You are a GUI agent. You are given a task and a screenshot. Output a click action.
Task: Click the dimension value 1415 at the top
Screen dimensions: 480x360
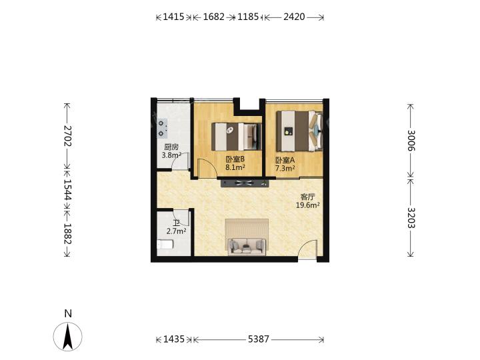(x=173, y=17)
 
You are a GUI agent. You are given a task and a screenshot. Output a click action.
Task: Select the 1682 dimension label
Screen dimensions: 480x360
(x=214, y=17)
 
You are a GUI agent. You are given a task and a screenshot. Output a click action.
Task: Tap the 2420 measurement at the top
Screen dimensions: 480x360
(x=294, y=17)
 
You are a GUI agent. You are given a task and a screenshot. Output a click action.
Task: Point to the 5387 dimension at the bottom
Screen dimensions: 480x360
(x=259, y=339)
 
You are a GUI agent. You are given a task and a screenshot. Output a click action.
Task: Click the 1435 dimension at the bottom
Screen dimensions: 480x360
(x=173, y=339)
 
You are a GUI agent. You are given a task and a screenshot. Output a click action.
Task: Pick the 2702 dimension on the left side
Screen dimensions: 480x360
(x=67, y=136)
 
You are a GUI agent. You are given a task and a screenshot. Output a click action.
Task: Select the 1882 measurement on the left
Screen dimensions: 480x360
(x=67, y=233)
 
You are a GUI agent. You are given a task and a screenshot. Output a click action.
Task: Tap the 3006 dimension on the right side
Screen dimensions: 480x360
(x=411, y=141)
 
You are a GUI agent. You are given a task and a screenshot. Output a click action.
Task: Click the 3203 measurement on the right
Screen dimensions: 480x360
(x=411, y=218)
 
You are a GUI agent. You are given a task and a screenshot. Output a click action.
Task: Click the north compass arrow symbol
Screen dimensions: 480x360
(x=67, y=337)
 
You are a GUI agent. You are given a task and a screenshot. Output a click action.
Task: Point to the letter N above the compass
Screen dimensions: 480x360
(x=68, y=313)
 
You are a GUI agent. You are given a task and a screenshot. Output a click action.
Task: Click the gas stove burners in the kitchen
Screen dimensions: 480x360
(x=162, y=128)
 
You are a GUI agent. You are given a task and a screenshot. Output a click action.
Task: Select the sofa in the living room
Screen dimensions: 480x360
(x=247, y=247)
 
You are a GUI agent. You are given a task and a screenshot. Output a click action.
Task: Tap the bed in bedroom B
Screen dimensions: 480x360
(x=237, y=137)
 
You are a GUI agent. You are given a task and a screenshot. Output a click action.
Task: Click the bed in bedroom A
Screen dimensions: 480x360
(x=299, y=131)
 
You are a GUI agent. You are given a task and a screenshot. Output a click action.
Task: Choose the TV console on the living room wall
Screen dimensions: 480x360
(x=245, y=183)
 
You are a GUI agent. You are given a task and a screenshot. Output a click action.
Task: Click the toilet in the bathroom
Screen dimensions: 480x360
(x=165, y=245)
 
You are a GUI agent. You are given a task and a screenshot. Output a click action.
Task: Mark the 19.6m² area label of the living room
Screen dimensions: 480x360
(x=307, y=205)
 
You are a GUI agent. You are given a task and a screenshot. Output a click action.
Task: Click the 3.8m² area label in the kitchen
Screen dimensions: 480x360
(x=171, y=155)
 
